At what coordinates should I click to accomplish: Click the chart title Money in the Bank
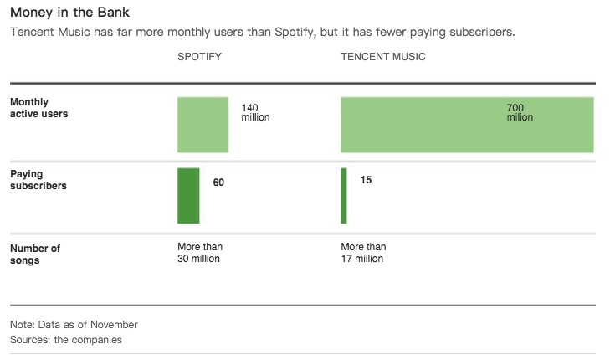(69, 13)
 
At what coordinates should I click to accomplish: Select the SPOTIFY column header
(200, 57)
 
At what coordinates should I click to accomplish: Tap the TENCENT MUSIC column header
(383, 57)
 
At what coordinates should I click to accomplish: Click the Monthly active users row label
(38, 108)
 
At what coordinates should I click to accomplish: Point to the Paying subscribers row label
(38, 180)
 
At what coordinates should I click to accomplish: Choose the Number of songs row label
(35, 255)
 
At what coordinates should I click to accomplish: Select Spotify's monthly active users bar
(202, 125)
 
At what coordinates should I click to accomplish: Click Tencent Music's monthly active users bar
(467, 125)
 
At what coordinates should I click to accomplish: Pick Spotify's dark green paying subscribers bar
(188, 196)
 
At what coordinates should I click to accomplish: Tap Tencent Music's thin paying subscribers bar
(344, 196)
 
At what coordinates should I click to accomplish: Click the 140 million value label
(255, 112)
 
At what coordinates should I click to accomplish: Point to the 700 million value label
(520, 112)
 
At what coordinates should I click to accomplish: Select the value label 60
(218, 183)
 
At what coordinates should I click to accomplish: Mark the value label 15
(366, 180)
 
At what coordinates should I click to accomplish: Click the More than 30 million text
(200, 253)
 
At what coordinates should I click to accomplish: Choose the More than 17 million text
(363, 253)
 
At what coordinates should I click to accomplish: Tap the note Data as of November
(74, 325)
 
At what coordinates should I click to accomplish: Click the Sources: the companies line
(66, 340)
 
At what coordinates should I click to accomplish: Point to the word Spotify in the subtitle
(294, 33)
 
